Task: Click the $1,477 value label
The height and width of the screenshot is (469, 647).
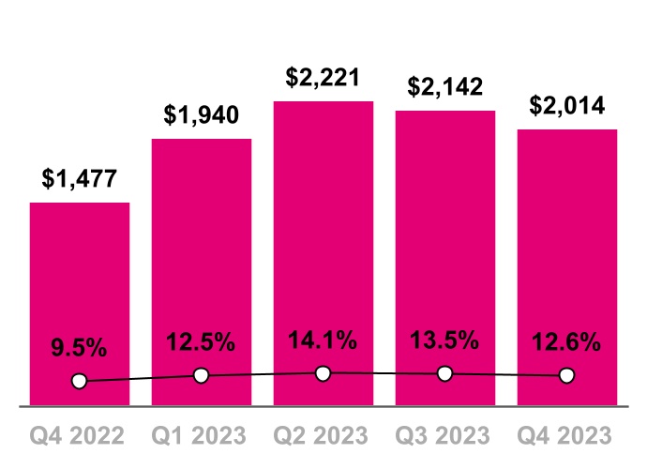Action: [80, 179]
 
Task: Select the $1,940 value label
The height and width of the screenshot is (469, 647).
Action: [202, 115]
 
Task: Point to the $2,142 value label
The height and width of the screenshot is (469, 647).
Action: [445, 87]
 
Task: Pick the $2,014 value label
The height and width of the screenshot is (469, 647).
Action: [567, 106]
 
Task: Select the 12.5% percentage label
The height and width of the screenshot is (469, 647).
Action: [202, 343]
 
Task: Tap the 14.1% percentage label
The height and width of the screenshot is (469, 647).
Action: [323, 340]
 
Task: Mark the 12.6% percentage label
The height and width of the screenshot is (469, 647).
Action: [567, 343]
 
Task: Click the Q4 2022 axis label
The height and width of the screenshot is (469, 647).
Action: [80, 436]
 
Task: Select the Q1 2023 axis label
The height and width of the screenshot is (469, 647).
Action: [202, 436]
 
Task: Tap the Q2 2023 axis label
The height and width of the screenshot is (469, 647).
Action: [323, 436]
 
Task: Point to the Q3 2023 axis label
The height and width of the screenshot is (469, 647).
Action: [445, 436]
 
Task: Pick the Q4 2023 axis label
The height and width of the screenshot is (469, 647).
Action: [567, 436]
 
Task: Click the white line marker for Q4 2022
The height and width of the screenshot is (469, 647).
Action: [80, 381]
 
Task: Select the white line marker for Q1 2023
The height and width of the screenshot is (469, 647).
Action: [202, 375]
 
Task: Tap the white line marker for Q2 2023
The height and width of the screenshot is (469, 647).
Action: [323, 373]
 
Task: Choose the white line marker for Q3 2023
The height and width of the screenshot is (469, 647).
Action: [445, 374]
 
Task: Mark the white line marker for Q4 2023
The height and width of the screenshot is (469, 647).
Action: [567, 375]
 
